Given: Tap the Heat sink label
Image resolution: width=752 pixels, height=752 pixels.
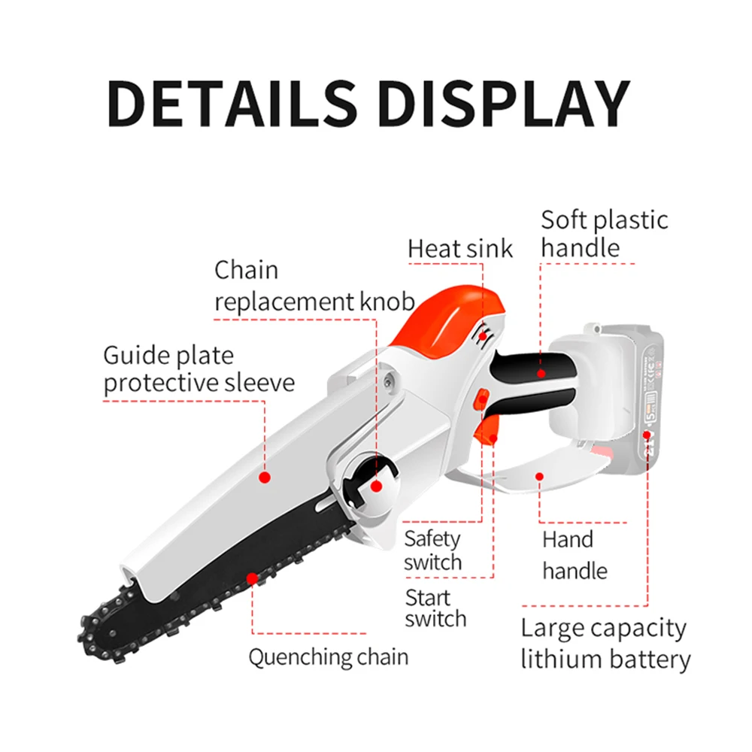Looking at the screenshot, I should pyautogui.click(x=460, y=249).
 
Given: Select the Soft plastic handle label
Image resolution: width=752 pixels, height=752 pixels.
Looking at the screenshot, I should pyautogui.click(x=604, y=234).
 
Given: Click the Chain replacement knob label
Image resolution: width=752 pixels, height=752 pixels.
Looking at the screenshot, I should pyautogui.click(x=314, y=286).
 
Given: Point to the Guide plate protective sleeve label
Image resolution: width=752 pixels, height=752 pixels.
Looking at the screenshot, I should pyautogui.click(x=199, y=368).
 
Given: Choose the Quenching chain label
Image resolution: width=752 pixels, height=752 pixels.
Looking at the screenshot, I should pyautogui.click(x=329, y=656).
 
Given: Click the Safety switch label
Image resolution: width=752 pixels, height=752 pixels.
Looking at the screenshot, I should pyautogui.click(x=432, y=550).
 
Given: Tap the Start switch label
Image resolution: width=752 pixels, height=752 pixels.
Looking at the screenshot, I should pyautogui.click(x=435, y=608).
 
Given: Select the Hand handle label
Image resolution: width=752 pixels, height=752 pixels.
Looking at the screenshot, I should pyautogui.click(x=575, y=555).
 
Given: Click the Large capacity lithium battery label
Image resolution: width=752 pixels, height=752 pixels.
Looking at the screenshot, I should pyautogui.click(x=605, y=644).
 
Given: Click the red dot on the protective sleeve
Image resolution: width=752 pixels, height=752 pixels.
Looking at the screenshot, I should pyautogui.click(x=264, y=477).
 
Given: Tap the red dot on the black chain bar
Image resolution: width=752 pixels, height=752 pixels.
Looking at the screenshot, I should pyautogui.click(x=252, y=579).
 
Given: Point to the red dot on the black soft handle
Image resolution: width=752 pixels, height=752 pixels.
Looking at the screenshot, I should pyautogui.click(x=541, y=372).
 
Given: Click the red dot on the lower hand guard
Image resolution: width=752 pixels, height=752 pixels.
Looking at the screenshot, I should pyautogui.click(x=540, y=475).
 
